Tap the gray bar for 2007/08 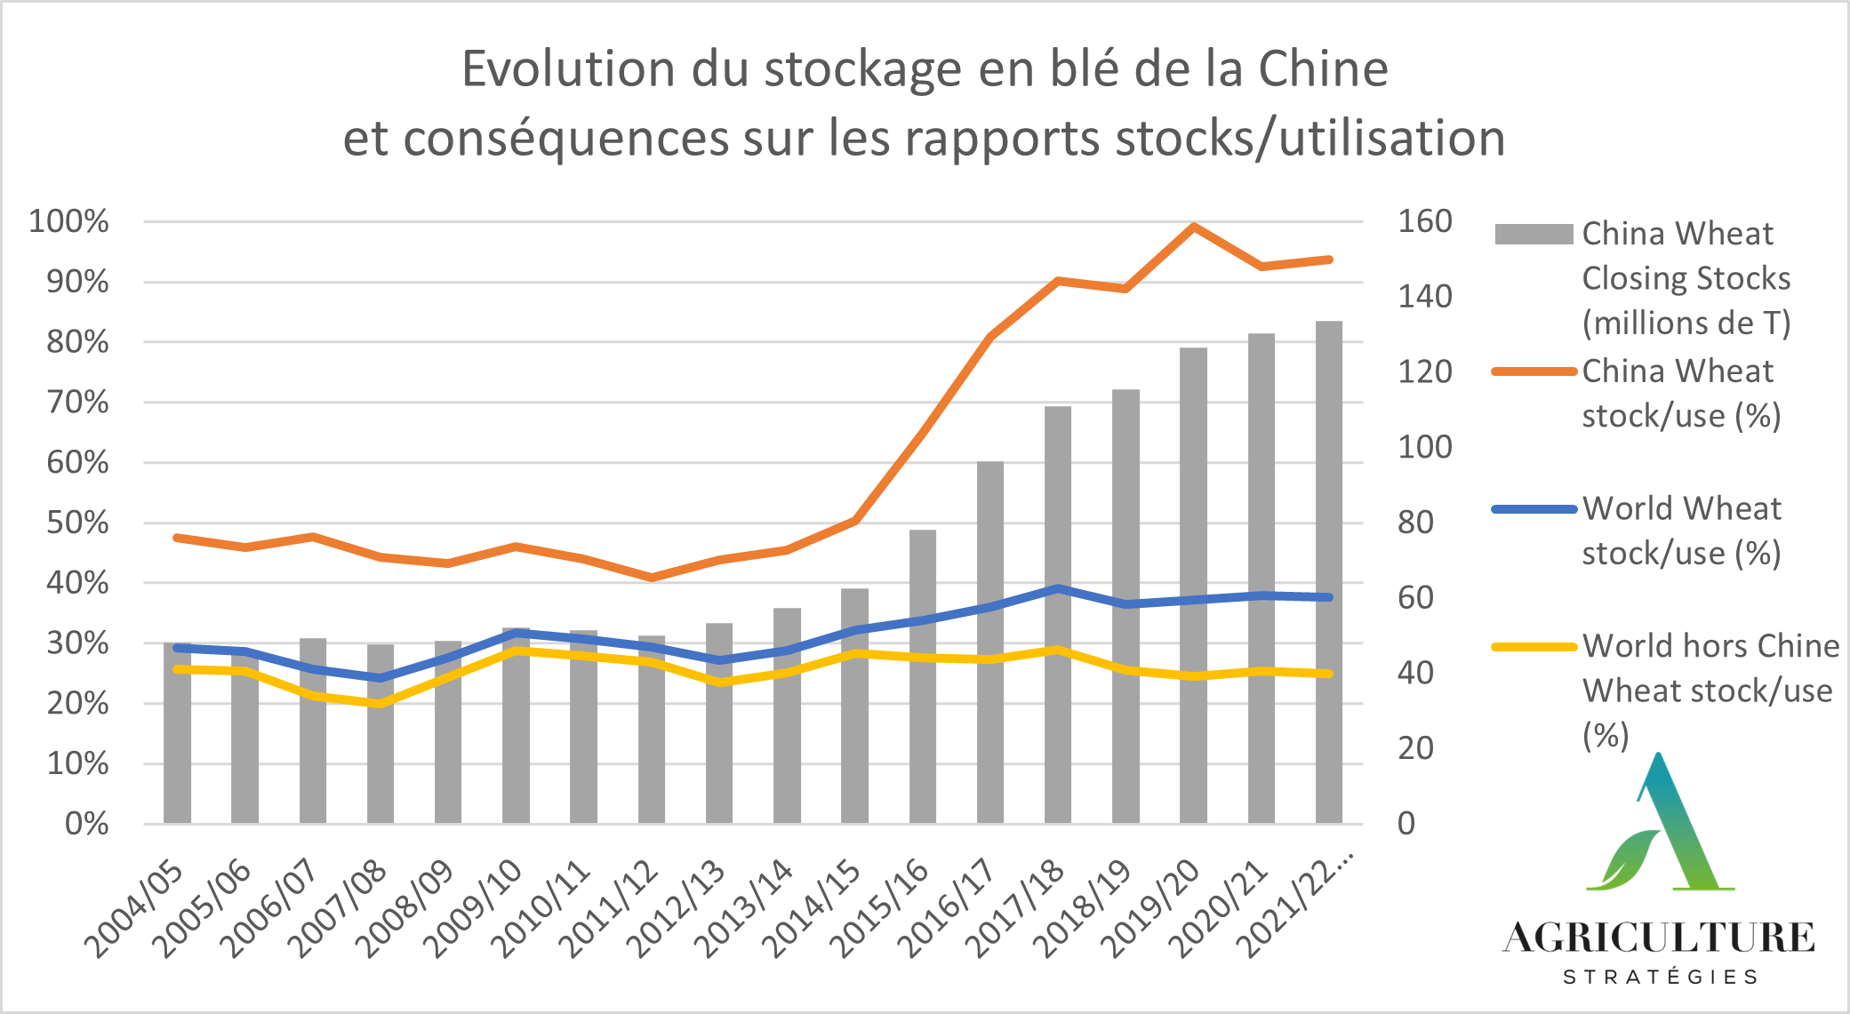[380, 733]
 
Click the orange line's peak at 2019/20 [1193, 227]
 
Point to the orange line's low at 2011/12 [652, 578]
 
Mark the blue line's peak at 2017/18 [1058, 588]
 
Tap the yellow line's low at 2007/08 [380, 704]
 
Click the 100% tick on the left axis [69, 221]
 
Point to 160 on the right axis [1424, 221]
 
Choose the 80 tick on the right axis [1415, 523]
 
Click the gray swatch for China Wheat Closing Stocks [1534, 235]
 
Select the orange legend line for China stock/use [1534, 371]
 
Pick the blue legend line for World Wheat [1534, 509]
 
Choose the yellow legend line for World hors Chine [1534, 647]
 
